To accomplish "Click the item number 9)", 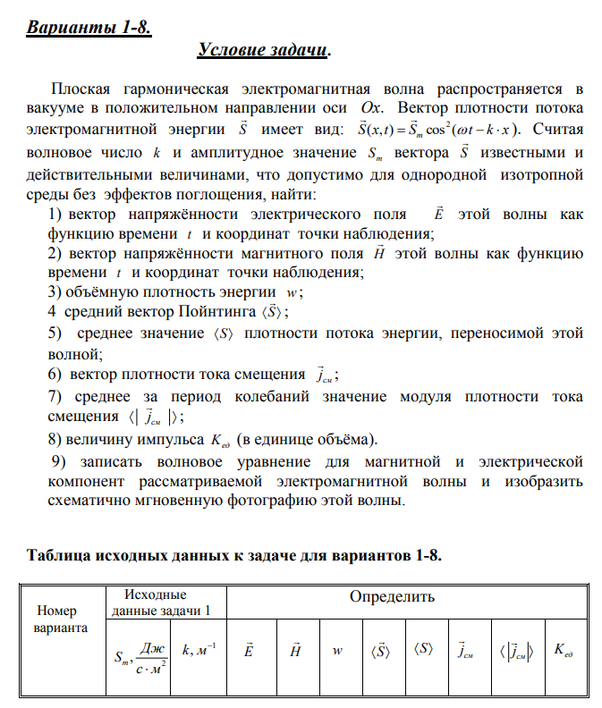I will tap(58, 461).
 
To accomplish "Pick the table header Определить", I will tap(392, 596).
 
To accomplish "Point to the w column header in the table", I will tap(337, 651).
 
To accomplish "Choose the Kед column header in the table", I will tap(563, 650).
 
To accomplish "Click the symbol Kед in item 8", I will tap(220, 440).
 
